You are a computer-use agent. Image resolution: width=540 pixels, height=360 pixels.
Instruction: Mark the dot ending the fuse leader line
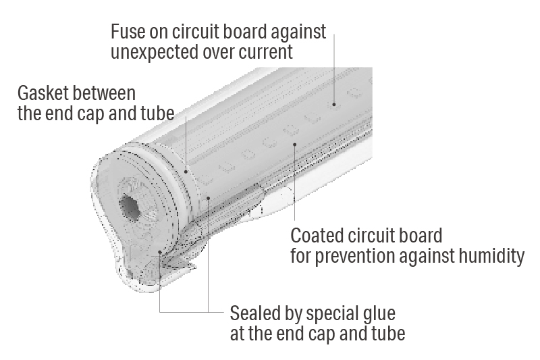(332, 105)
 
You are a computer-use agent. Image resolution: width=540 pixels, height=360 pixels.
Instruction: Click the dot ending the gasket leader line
(187, 172)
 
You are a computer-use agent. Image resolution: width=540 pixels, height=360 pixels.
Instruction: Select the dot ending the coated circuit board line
(294, 143)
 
